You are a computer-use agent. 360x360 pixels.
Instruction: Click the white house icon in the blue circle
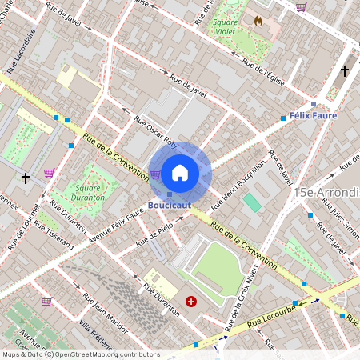click(180, 172)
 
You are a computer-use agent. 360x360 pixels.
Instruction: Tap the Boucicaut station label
click(168, 205)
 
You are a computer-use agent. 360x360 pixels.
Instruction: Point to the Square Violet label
click(229, 28)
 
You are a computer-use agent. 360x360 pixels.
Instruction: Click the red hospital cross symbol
click(191, 301)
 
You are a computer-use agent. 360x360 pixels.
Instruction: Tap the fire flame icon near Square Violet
click(258, 21)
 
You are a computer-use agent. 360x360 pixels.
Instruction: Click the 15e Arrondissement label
click(326, 193)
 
